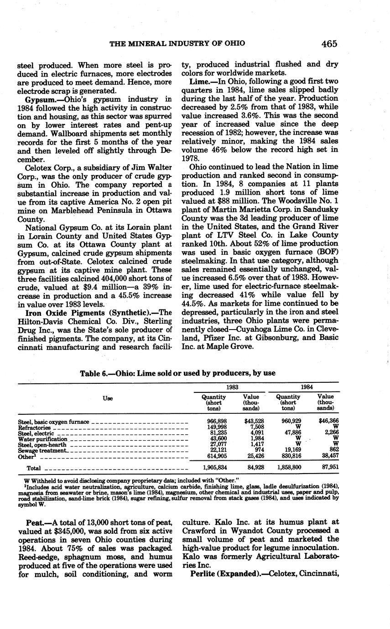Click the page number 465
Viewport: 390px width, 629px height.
point(329,44)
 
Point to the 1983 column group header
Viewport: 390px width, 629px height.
point(232,387)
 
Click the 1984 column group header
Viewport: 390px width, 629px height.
point(307,387)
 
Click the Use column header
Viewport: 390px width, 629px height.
point(108,398)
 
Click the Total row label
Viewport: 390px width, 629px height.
point(34,468)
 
